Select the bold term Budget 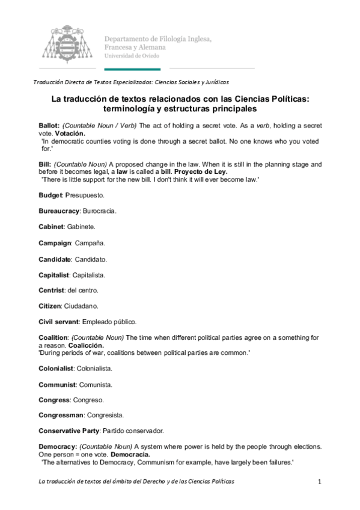click(x=50, y=196)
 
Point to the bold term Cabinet click(x=51, y=227)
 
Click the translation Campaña click(x=90, y=243)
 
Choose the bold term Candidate click(x=54, y=259)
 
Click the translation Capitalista click(x=88, y=274)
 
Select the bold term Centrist click(x=52, y=290)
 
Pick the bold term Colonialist click(x=56, y=368)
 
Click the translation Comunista click(x=96, y=384)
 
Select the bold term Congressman click(x=62, y=415)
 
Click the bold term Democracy click(x=57, y=446)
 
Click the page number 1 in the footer click(x=320, y=482)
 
